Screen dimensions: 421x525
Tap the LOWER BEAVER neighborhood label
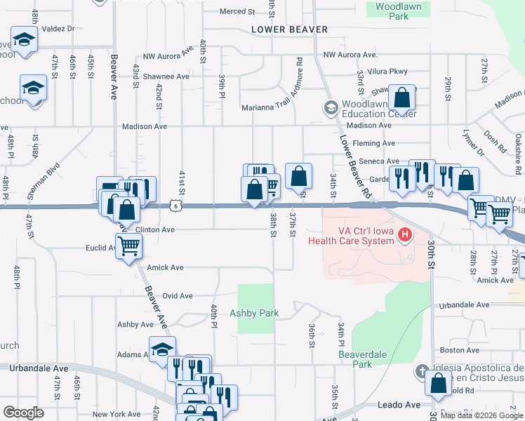(291, 29)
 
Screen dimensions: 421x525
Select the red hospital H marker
(404, 234)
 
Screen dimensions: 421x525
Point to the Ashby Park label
(254, 314)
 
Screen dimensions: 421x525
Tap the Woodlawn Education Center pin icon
(329, 107)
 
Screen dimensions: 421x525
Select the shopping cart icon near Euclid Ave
(129, 246)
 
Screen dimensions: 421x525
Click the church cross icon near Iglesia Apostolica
(422, 370)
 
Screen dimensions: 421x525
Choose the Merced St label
(237, 12)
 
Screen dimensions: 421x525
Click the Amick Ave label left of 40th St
(165, 268)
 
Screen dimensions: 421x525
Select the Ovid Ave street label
(177, 296)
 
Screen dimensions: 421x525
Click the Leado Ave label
(398, 405)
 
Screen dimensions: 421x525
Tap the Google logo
(22, 413)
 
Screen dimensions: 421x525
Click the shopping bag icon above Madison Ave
(402, 96)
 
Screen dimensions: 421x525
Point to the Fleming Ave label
(374, 143)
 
